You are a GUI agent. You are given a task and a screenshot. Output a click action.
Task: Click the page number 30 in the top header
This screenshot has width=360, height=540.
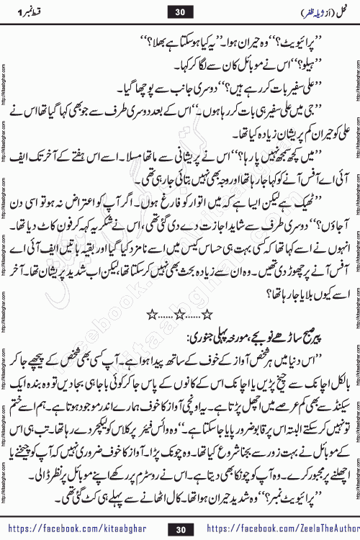point(180,13)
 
